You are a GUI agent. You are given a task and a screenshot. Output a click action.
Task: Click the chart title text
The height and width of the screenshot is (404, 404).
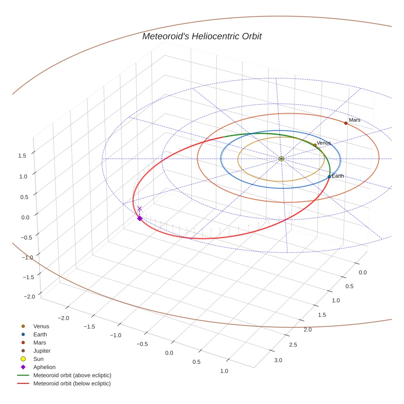(x=202, y=36)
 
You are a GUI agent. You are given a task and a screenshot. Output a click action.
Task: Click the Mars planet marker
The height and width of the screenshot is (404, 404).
(x=346, y=123)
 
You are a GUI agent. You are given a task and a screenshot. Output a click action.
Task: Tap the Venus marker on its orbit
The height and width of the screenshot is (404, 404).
(x=315, y=145)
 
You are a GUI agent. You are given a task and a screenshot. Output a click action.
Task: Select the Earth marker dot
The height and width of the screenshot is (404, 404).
(x=329, y=177)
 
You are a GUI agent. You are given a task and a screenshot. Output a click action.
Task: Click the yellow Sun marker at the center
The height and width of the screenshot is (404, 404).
(x=281, y=159)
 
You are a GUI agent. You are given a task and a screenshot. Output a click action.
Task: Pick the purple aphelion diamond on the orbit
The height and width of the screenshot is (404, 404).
(x=140, y=218)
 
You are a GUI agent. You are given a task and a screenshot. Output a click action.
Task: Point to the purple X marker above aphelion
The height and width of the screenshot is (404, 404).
(x=140, y=209)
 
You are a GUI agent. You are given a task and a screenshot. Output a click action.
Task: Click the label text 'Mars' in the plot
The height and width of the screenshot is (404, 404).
(x=355, y=120)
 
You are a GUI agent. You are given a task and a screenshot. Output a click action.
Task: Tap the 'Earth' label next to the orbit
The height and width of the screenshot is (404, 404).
(x=338, y=176)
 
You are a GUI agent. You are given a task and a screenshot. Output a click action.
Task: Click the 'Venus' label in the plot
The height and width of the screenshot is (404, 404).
(x=324, y=143)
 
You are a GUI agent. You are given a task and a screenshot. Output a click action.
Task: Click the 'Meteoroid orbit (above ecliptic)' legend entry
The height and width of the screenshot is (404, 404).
(x=72, y=375)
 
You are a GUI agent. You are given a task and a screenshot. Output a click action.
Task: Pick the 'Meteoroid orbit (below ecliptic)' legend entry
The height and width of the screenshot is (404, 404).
(x=72, y=383)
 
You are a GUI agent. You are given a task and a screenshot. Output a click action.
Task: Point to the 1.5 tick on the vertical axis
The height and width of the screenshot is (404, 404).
(x=22, y=156)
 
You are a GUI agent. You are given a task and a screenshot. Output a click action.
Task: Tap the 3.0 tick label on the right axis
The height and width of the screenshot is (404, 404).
(x=278, y=360)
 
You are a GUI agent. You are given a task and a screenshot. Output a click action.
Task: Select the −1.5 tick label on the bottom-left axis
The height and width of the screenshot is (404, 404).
(x=90, y=326)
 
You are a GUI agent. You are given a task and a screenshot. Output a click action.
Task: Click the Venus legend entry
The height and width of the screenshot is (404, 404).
(x=41, y=326)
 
